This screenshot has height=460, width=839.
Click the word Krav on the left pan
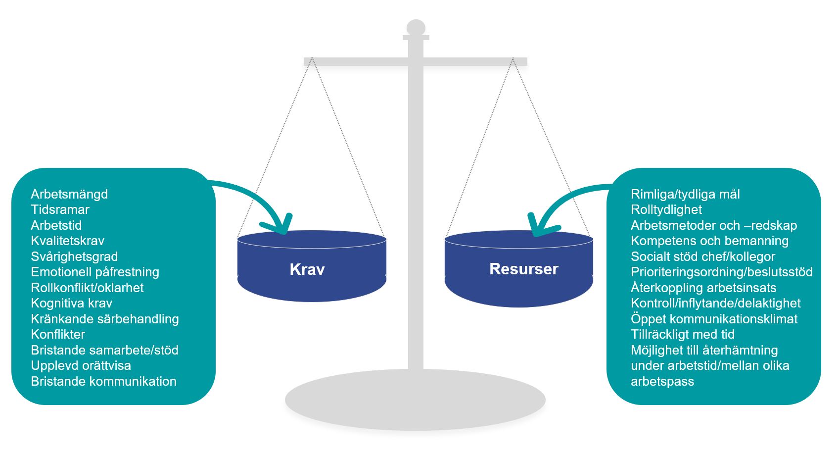point(307,269)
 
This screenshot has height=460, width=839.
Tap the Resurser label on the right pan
point(523,269)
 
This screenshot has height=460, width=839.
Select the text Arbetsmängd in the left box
point(69,194)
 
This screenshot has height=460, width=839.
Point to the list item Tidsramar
point(60,209)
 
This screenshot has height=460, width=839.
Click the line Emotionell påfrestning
point(95,272)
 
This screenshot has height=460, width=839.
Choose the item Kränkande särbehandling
point(105,319)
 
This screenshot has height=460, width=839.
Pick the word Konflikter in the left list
point(58,334)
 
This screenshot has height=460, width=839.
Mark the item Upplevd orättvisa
point(81,365)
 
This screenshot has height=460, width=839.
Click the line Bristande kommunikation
point(103,381)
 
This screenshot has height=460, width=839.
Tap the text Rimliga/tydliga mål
point(685,194)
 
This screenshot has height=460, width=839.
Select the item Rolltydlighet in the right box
point(666,209)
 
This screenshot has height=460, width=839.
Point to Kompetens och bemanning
point(709,241)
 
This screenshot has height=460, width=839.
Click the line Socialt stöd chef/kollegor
point(702,256)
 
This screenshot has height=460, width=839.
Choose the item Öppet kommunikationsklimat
point(714,319)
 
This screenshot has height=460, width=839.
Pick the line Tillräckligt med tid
point(682,334)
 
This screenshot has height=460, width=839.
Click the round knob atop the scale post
point(416,27)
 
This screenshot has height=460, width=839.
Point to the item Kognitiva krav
point(71,303)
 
